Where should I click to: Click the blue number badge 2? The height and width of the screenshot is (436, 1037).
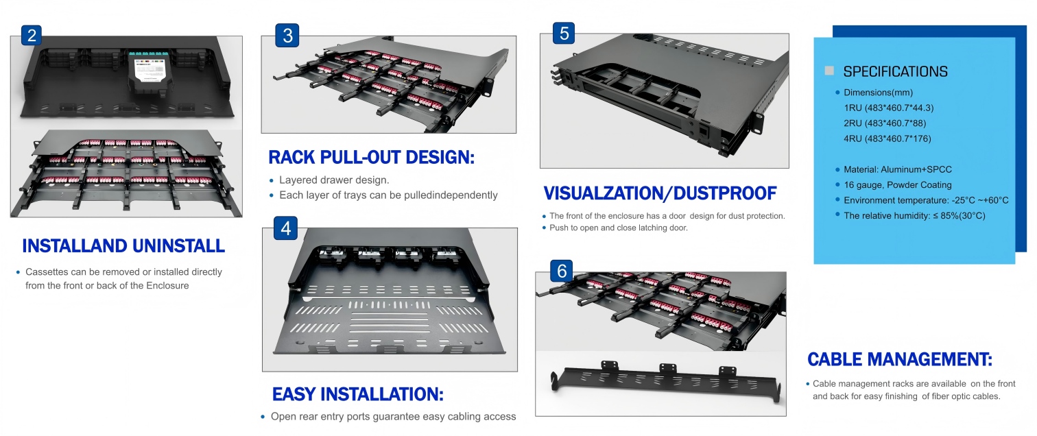[x=32, y=35]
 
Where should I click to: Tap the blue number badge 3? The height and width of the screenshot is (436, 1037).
[x=287, y=35]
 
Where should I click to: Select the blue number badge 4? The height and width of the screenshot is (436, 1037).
[x=285, y=228]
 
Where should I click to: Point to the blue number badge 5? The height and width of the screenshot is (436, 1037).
[x=564, y=33]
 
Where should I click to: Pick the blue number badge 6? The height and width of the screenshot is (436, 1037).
[x=562, y=271]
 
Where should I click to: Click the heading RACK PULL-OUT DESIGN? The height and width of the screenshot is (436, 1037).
[x=372, y=158]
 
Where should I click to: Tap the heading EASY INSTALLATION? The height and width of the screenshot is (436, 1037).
[x=358, y=394]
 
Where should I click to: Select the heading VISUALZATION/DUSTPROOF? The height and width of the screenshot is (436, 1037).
[x=660, y=193]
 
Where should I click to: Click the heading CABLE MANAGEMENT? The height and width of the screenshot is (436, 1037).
[x=900, y=359]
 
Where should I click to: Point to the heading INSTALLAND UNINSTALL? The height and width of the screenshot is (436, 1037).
[x=123, y=246]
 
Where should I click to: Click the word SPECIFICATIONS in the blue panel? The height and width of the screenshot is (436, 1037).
[x=895, y=72]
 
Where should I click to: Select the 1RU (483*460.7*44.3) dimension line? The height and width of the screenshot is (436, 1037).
[x=888, y=108]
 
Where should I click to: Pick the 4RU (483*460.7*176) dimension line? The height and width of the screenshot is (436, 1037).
[x=887, y=138]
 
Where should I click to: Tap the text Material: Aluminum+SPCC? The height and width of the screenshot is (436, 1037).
[x=897, y=169]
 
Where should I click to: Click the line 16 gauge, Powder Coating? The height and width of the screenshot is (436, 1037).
[x=897, y=184]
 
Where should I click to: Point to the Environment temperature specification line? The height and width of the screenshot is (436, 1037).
[x=926, y=200]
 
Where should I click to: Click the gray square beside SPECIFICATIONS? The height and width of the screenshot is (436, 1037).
[x=829, y=71]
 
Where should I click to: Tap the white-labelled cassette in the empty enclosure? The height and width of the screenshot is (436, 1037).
[x=150, y=72]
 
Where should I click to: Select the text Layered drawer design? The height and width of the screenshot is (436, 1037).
[x=334, y=180]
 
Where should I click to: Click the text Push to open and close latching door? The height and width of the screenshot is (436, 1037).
[x=619, y=228]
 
